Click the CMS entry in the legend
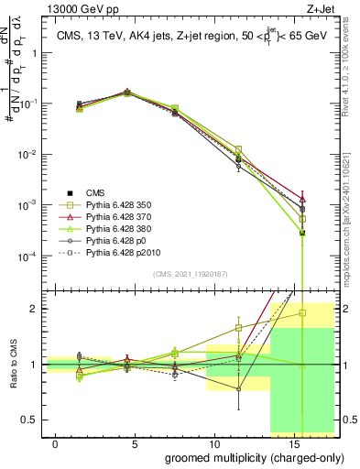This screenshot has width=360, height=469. (x=96, y=191)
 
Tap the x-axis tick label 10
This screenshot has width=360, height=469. (x=213, y=442)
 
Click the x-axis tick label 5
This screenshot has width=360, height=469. (x=135, y=442)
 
